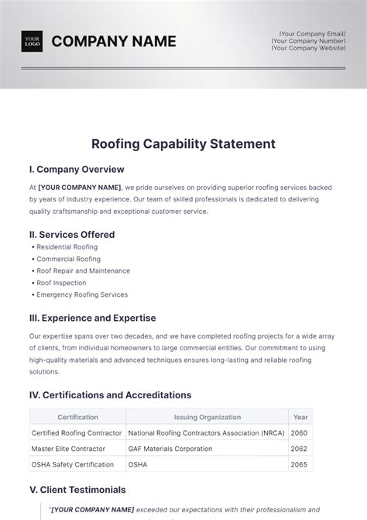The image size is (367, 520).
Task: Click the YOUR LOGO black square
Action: [32, 41]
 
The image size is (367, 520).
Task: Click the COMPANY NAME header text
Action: [113, 41]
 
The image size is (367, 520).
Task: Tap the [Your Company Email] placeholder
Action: [313, 33]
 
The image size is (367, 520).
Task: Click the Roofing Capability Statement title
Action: [183, 143]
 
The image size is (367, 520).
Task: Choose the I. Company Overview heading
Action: [76, 169]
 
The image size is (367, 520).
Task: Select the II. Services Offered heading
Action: [71, 234]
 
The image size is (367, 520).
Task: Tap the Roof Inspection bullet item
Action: [61, 283]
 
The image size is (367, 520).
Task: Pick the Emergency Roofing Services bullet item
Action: [81, 294]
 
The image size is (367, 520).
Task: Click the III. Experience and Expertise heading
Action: [92, 318]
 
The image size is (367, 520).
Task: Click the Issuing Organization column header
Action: [207, 417]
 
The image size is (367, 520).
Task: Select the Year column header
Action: [300, 417]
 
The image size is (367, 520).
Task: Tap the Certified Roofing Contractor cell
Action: [76, 432]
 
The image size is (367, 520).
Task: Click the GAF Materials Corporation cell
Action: [170, 449]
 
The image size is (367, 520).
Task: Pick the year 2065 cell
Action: [300, 464]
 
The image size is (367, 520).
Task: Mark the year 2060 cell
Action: [300, 432]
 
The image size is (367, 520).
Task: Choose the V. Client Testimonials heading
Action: [77, 490]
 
